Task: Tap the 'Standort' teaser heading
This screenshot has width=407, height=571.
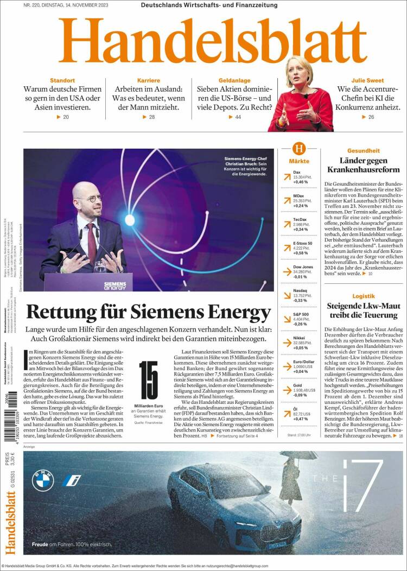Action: (x=62, y=80)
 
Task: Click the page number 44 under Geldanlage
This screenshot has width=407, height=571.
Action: (x=238, y=117)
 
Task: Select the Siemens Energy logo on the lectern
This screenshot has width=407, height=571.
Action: (x=115, y=285)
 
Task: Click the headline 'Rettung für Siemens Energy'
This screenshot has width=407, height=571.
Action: (x=148, y=313)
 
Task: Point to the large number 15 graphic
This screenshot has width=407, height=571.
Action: (x=148, y=380)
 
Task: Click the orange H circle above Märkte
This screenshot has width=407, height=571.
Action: (x=299, y=149)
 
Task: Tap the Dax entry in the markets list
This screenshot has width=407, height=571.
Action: (x=297, y=172)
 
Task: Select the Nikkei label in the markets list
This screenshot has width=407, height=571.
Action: (x=299, y=338)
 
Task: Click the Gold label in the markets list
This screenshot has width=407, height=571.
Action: (x=297, y=385)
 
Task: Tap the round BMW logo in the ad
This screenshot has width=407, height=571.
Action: (x=43, y=480)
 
